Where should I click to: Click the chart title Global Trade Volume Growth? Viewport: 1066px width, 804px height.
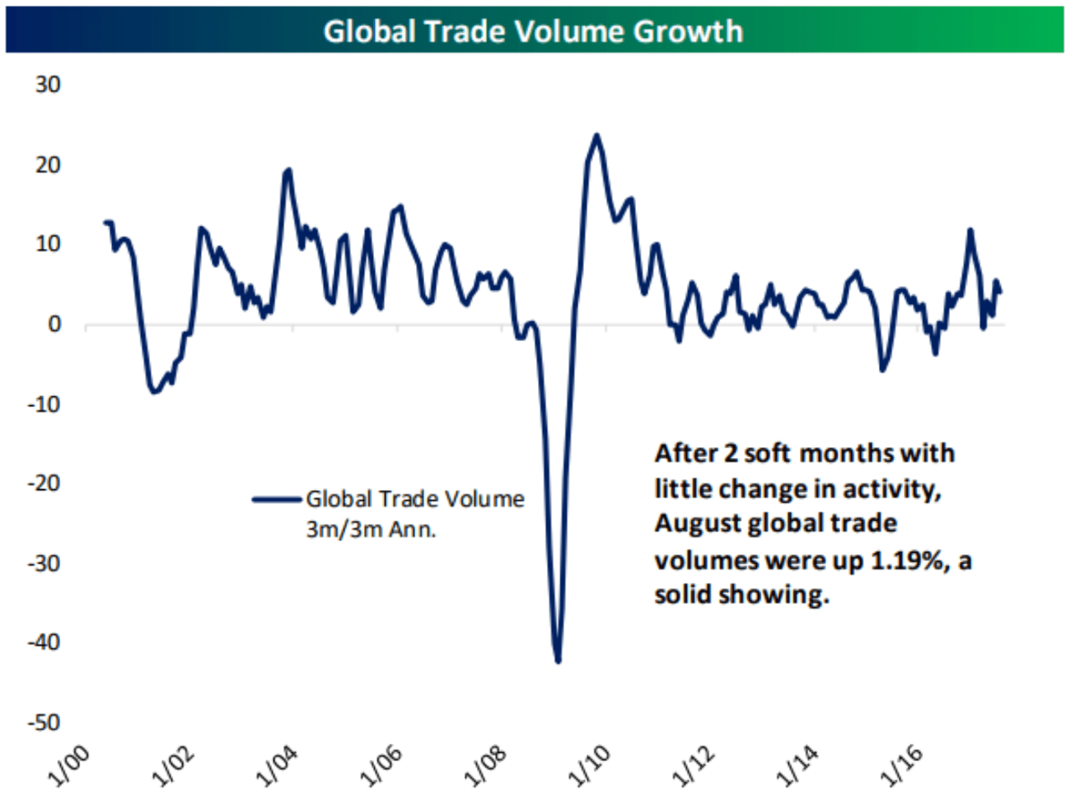(533, 31)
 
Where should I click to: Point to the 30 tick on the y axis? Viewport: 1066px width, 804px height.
(48, 85)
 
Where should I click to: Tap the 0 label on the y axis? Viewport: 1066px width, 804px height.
(54, 324)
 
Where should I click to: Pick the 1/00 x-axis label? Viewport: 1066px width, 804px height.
(69, 766)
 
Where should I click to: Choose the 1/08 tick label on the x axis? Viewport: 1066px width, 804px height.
(485, 766)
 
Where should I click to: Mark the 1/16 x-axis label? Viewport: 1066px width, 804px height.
(902, 766)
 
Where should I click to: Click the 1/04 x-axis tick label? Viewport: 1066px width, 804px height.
(277, 766)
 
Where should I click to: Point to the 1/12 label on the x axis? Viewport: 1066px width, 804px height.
(694, 766)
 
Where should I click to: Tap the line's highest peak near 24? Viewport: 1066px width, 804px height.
(597, 135)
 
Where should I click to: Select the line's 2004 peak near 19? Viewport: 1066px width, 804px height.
(289, 170)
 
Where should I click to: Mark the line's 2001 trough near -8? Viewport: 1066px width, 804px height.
(154, 391)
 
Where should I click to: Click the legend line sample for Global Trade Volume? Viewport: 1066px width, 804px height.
(277, 500)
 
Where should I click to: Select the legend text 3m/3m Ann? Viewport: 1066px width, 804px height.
(371, 530)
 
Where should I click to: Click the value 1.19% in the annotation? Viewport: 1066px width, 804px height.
(907, 559)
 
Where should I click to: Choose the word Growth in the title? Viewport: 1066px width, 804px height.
(688, 31)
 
